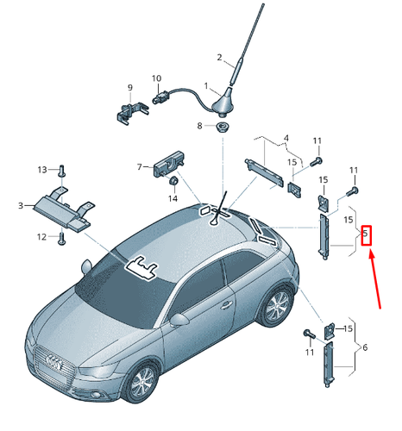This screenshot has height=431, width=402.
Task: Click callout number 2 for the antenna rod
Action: click(219, 58)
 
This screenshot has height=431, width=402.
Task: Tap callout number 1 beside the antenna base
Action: click(206, 86)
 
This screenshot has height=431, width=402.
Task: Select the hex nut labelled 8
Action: click(223, 127)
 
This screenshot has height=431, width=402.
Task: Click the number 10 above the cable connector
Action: click(156, 78)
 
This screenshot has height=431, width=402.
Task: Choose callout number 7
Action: click(140, 166)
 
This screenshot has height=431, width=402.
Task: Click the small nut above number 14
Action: click(173, 181)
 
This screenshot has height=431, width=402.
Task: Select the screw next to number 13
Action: click(62, 171)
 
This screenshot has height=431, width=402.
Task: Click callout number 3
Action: click(21, 205)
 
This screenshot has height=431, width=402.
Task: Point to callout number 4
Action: click(286, 138)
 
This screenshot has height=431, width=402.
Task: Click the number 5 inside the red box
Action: click(365, 233)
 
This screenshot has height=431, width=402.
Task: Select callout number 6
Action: click(365, 347)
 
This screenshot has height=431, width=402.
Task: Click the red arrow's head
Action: click(371, 254)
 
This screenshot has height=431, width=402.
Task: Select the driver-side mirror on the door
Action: click(179, 320)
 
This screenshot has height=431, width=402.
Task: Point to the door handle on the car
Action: click(226, 305)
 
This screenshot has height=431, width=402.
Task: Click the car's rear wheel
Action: click(276, 306)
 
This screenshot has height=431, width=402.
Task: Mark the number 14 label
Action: click(173, 198)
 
